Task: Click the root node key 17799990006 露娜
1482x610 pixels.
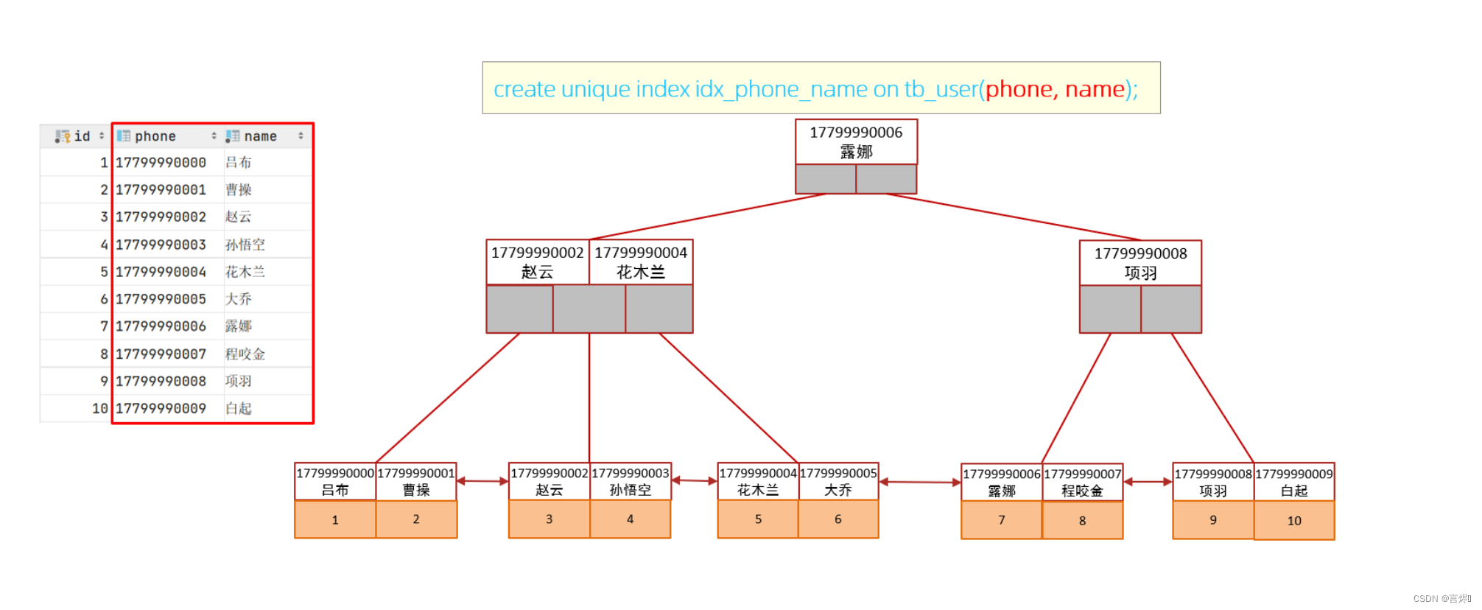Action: [x=856, y=141]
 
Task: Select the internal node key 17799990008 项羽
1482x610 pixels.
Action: [x=1140, y=263]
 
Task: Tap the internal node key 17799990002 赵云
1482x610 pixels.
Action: [x=537, y=262]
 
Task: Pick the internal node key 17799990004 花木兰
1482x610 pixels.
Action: [x=641, y=262]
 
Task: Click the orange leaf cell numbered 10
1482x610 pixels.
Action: [x=1294, y=521]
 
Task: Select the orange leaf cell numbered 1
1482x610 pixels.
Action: [x=335, y=520]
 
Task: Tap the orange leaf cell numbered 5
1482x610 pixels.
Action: [x=758, y=519]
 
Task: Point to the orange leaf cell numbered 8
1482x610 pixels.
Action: [x=1082, y=521]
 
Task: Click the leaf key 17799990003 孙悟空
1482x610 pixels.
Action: [x=631, y=481]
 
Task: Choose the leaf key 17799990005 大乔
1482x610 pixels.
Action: [x=838, y=481]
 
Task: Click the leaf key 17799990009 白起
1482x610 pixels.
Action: [x=1294, y=482]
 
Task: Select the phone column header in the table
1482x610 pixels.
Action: [x=155, y=136]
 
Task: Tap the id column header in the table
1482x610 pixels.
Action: [x=81, y=136]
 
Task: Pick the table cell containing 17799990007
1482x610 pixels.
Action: [x=161, y=354]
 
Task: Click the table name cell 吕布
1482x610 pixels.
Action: [x=239, y=162]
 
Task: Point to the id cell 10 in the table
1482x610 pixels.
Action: [x=99, y=408]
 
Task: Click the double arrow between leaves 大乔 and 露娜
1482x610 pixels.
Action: [x=920, y=483]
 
